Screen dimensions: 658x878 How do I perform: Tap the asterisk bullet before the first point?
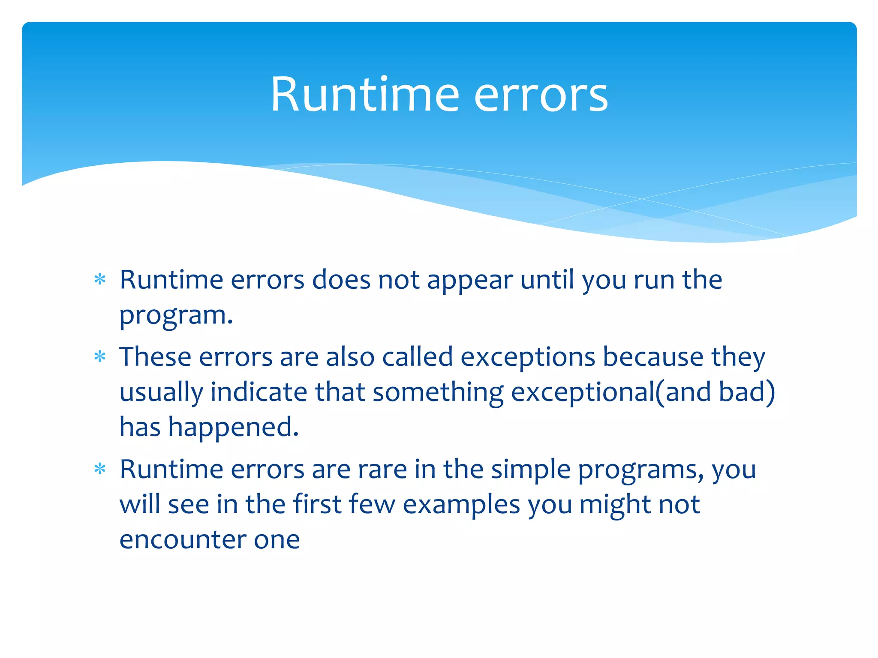[x=100, y=280]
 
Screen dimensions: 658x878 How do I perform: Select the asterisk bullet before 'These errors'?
[x=100, y=357]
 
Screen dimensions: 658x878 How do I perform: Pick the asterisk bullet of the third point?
[x=100, y=469]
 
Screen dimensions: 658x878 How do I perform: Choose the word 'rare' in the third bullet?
[x=382, y=470]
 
